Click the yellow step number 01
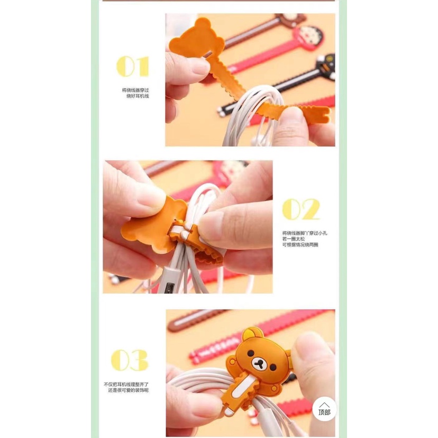[132, 67]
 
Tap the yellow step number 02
[300, 209]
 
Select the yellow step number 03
[130, 361]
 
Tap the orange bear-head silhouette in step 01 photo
[192, 40]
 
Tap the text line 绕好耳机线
[138, 96]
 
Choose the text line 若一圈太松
[293, 239]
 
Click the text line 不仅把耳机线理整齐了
[126, 384]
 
